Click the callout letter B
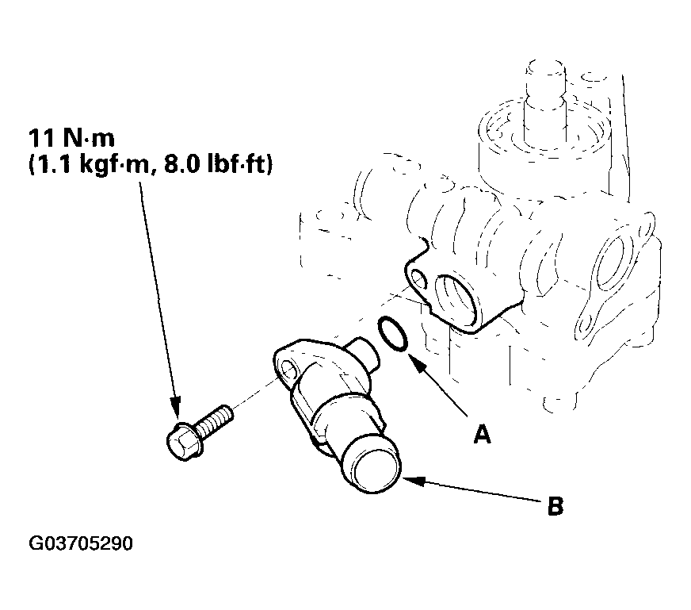tap(555, 505)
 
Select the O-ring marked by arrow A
tap(391, 334)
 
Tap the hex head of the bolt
tap(184, 440)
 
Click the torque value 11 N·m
tap(72, 138)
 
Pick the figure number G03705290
tap(81, 543)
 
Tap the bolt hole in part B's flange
tap(289, 370)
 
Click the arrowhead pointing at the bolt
tap(175, 407)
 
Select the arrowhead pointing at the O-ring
tap(418, 363)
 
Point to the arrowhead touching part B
tap(414, 481)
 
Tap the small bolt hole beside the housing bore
tap(418, 279)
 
